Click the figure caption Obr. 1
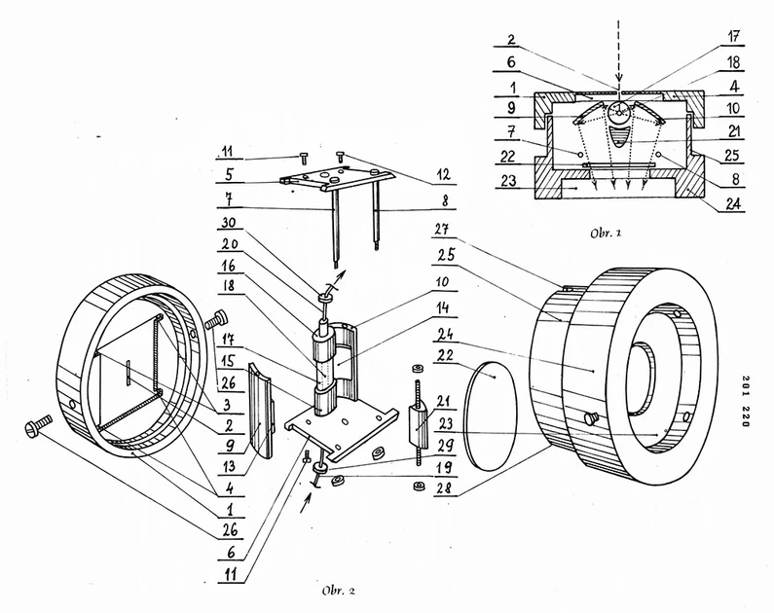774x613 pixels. pos(606,233)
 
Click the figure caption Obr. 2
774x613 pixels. pos(338,591)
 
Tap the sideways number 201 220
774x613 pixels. pos(746,402)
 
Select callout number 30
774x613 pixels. pos(228,224)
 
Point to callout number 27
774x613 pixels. pos(445,230)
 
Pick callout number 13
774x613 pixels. pos(228,465)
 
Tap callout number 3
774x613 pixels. pos(227,406)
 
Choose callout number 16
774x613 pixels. pos(228,267)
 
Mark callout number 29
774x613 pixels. pos(446,445)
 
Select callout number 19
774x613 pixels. pos(445,465)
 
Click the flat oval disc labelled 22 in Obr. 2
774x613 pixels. pos(491,416)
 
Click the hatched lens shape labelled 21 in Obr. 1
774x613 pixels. pos(621,135)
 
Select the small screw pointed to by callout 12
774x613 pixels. pos(340,157)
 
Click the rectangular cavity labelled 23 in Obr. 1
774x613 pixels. pos(618,189)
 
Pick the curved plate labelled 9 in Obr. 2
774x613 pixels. pos(261,411)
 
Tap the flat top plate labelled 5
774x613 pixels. pos(338,179)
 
